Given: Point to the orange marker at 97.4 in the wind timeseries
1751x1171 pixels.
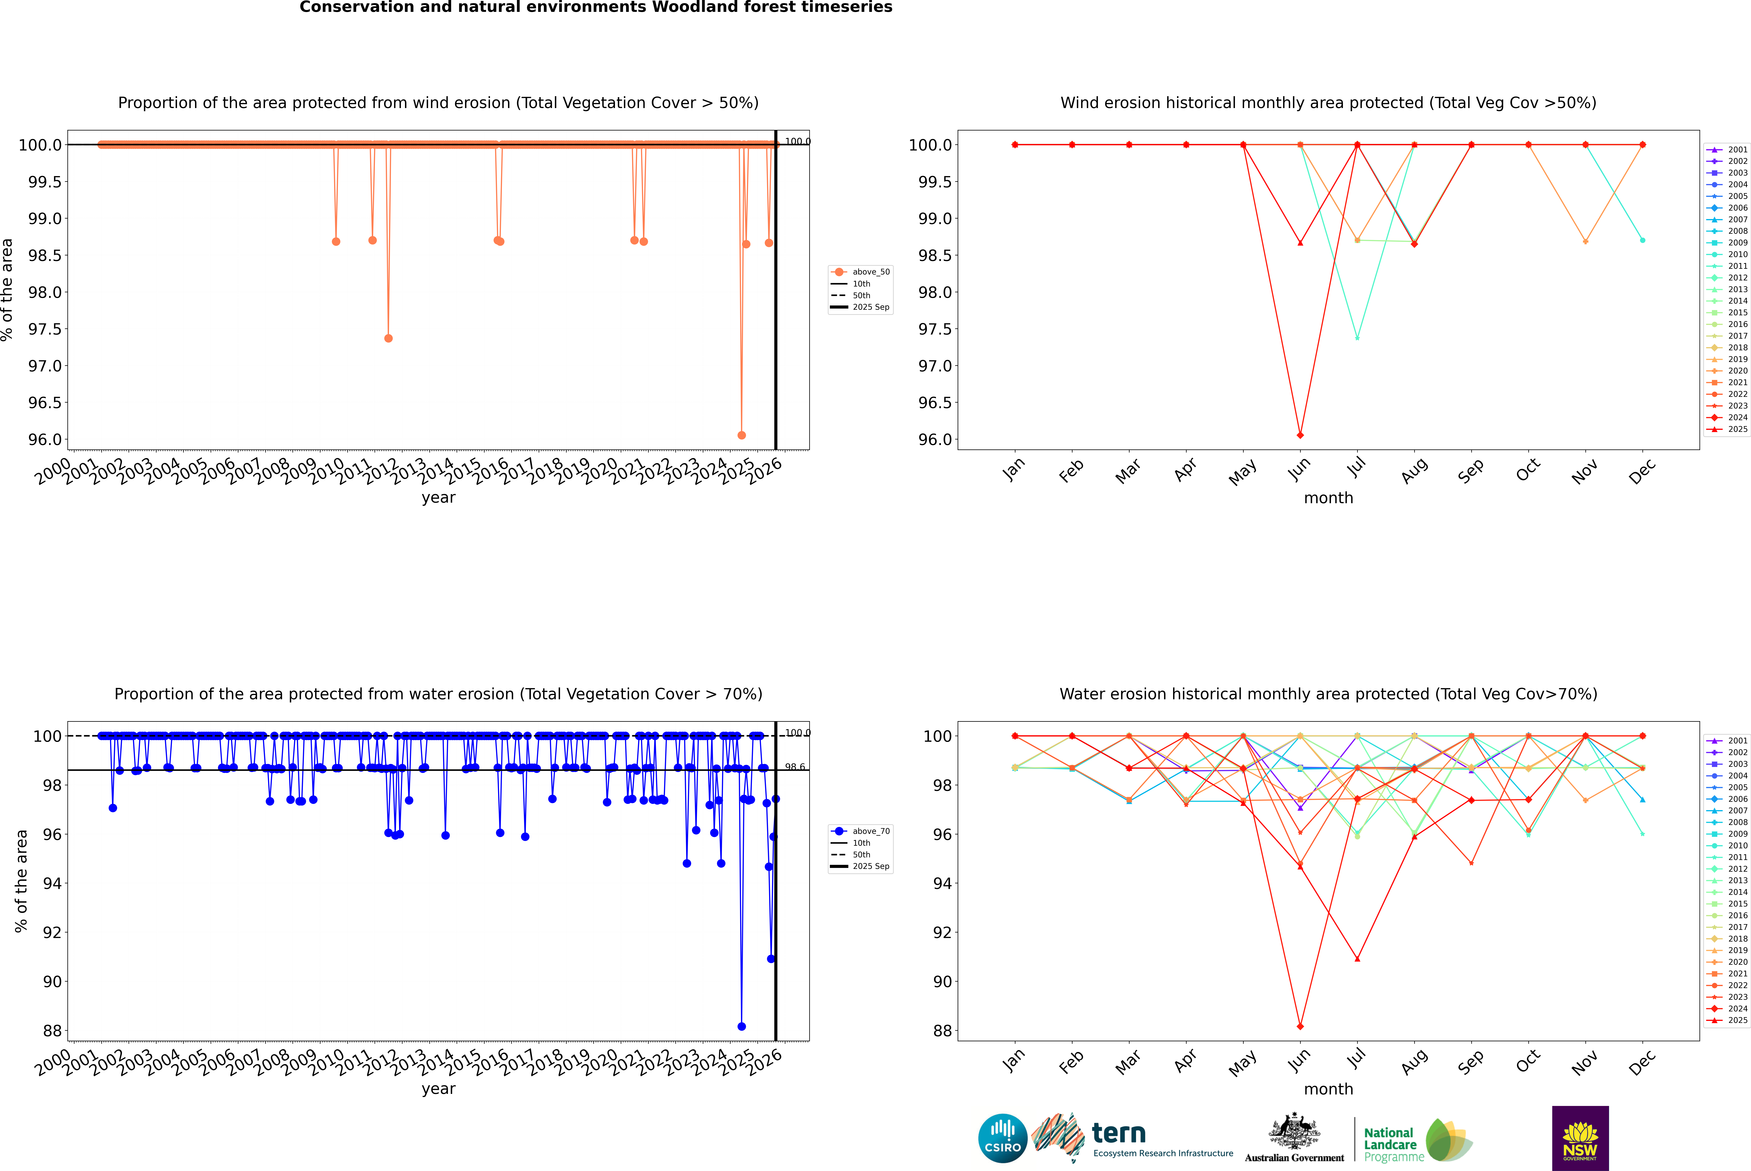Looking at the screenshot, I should click(388, 338).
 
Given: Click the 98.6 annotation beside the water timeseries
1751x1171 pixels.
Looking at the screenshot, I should click(795, 767).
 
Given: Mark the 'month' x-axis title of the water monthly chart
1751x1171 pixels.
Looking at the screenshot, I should click(1328, 1089).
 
